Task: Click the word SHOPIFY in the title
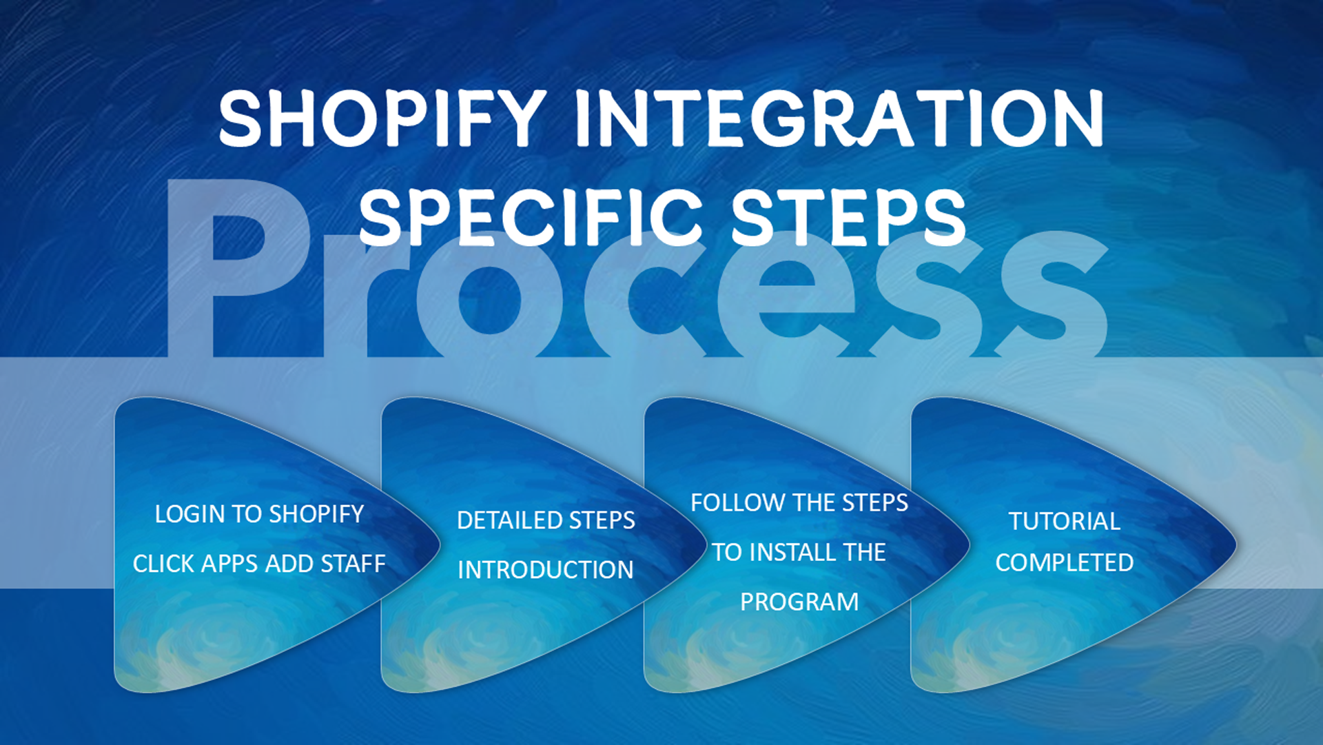(383, 119)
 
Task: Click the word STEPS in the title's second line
(848, 217)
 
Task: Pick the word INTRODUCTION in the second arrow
(546, 570)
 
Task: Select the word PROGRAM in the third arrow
(799, 602)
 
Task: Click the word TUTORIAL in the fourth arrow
(1065, 522)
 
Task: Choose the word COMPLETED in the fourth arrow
(1065, 563)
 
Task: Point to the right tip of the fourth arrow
(1237, 545)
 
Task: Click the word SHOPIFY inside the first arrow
(316, 514)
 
